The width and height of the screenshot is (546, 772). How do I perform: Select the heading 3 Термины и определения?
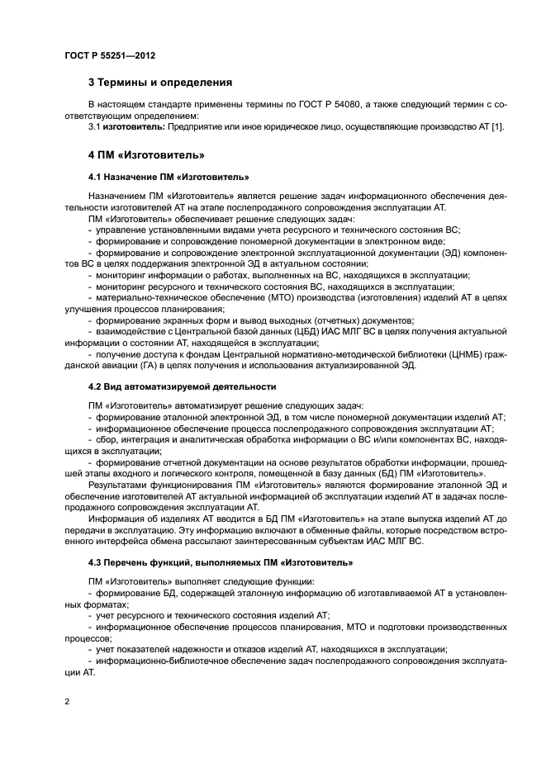[x=160, y=83]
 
